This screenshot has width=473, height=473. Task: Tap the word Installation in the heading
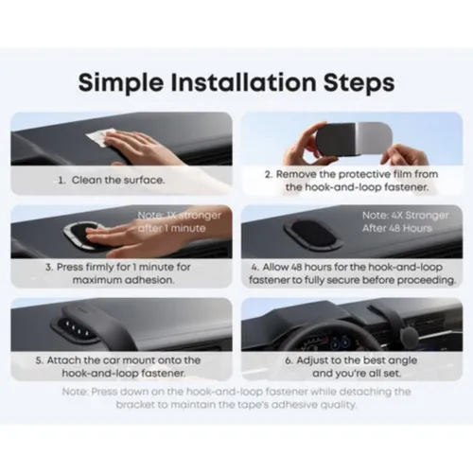pos(244,81)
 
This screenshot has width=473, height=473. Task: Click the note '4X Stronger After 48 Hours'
pos(399,220)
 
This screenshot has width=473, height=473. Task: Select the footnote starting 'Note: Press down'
pos(236,398)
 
